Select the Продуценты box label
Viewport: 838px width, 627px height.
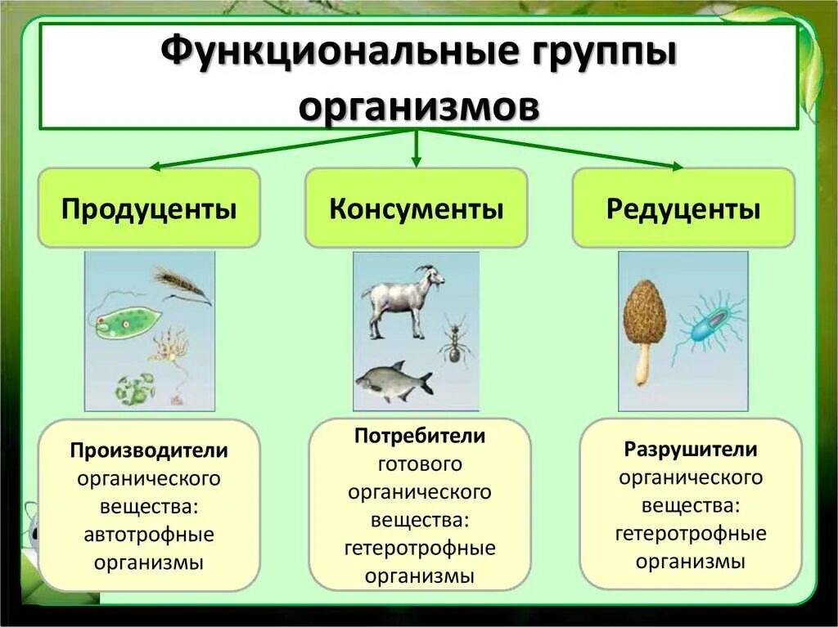149,208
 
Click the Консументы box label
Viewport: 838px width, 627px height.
416,208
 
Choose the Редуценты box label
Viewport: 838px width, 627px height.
683,208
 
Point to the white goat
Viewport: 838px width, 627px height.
399,299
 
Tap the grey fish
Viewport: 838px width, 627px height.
394,382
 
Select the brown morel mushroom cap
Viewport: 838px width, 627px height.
644,315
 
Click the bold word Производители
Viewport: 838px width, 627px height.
149,450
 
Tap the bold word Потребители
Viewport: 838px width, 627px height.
420,436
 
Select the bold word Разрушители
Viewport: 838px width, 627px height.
691,449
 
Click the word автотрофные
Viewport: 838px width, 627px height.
149,535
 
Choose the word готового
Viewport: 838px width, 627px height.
420,464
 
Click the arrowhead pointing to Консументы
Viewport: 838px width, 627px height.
417,161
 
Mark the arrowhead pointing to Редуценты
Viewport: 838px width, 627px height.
675,166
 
